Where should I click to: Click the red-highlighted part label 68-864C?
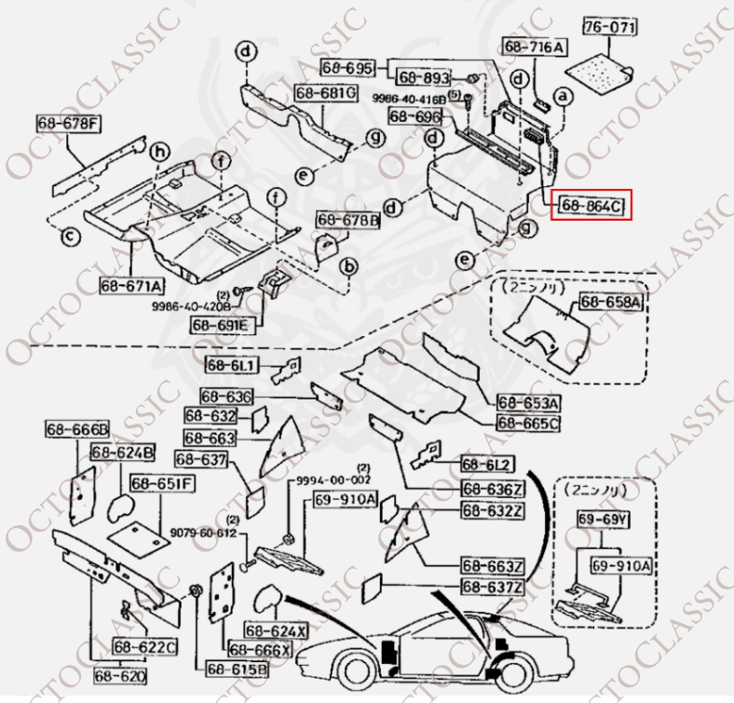(x=592, y=205)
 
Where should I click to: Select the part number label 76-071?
(x=609, y=27)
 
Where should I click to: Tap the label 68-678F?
(x=70, y=122)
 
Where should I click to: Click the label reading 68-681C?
(x=326, y=93)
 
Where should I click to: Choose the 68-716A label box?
(x=535, y=47)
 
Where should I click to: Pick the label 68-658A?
(x=611, y=302)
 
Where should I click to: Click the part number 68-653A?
(x=528, y=403)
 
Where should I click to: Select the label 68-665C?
(x=528, y=424)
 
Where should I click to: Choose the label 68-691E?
(x=221, y=324)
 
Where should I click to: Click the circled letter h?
(x=159, y=152)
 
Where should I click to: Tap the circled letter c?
(x=70, y=237)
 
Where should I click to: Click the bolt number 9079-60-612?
(x=203, y=532)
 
